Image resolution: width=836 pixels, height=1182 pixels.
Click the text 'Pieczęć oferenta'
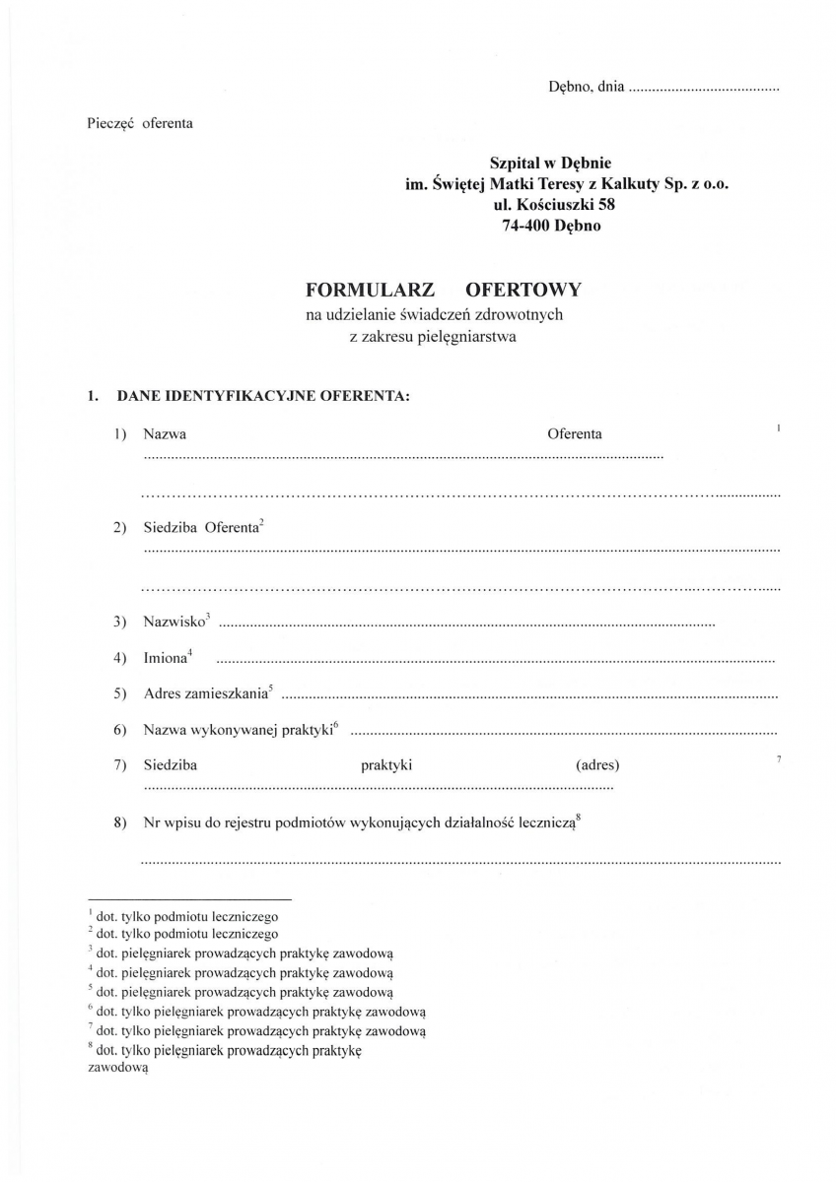[141, 123]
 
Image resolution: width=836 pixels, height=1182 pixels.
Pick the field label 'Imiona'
[165, 657]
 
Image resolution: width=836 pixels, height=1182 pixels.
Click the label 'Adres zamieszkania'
[205, 693]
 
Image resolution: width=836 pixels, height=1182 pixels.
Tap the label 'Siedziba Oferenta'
[200, 528]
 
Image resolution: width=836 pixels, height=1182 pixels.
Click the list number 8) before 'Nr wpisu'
[120, 824]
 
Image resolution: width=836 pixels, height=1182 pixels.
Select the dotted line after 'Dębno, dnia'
[703, 89]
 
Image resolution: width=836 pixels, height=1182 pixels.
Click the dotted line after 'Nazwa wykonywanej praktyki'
[563, 733]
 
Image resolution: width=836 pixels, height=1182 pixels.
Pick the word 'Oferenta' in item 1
[575, 434]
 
